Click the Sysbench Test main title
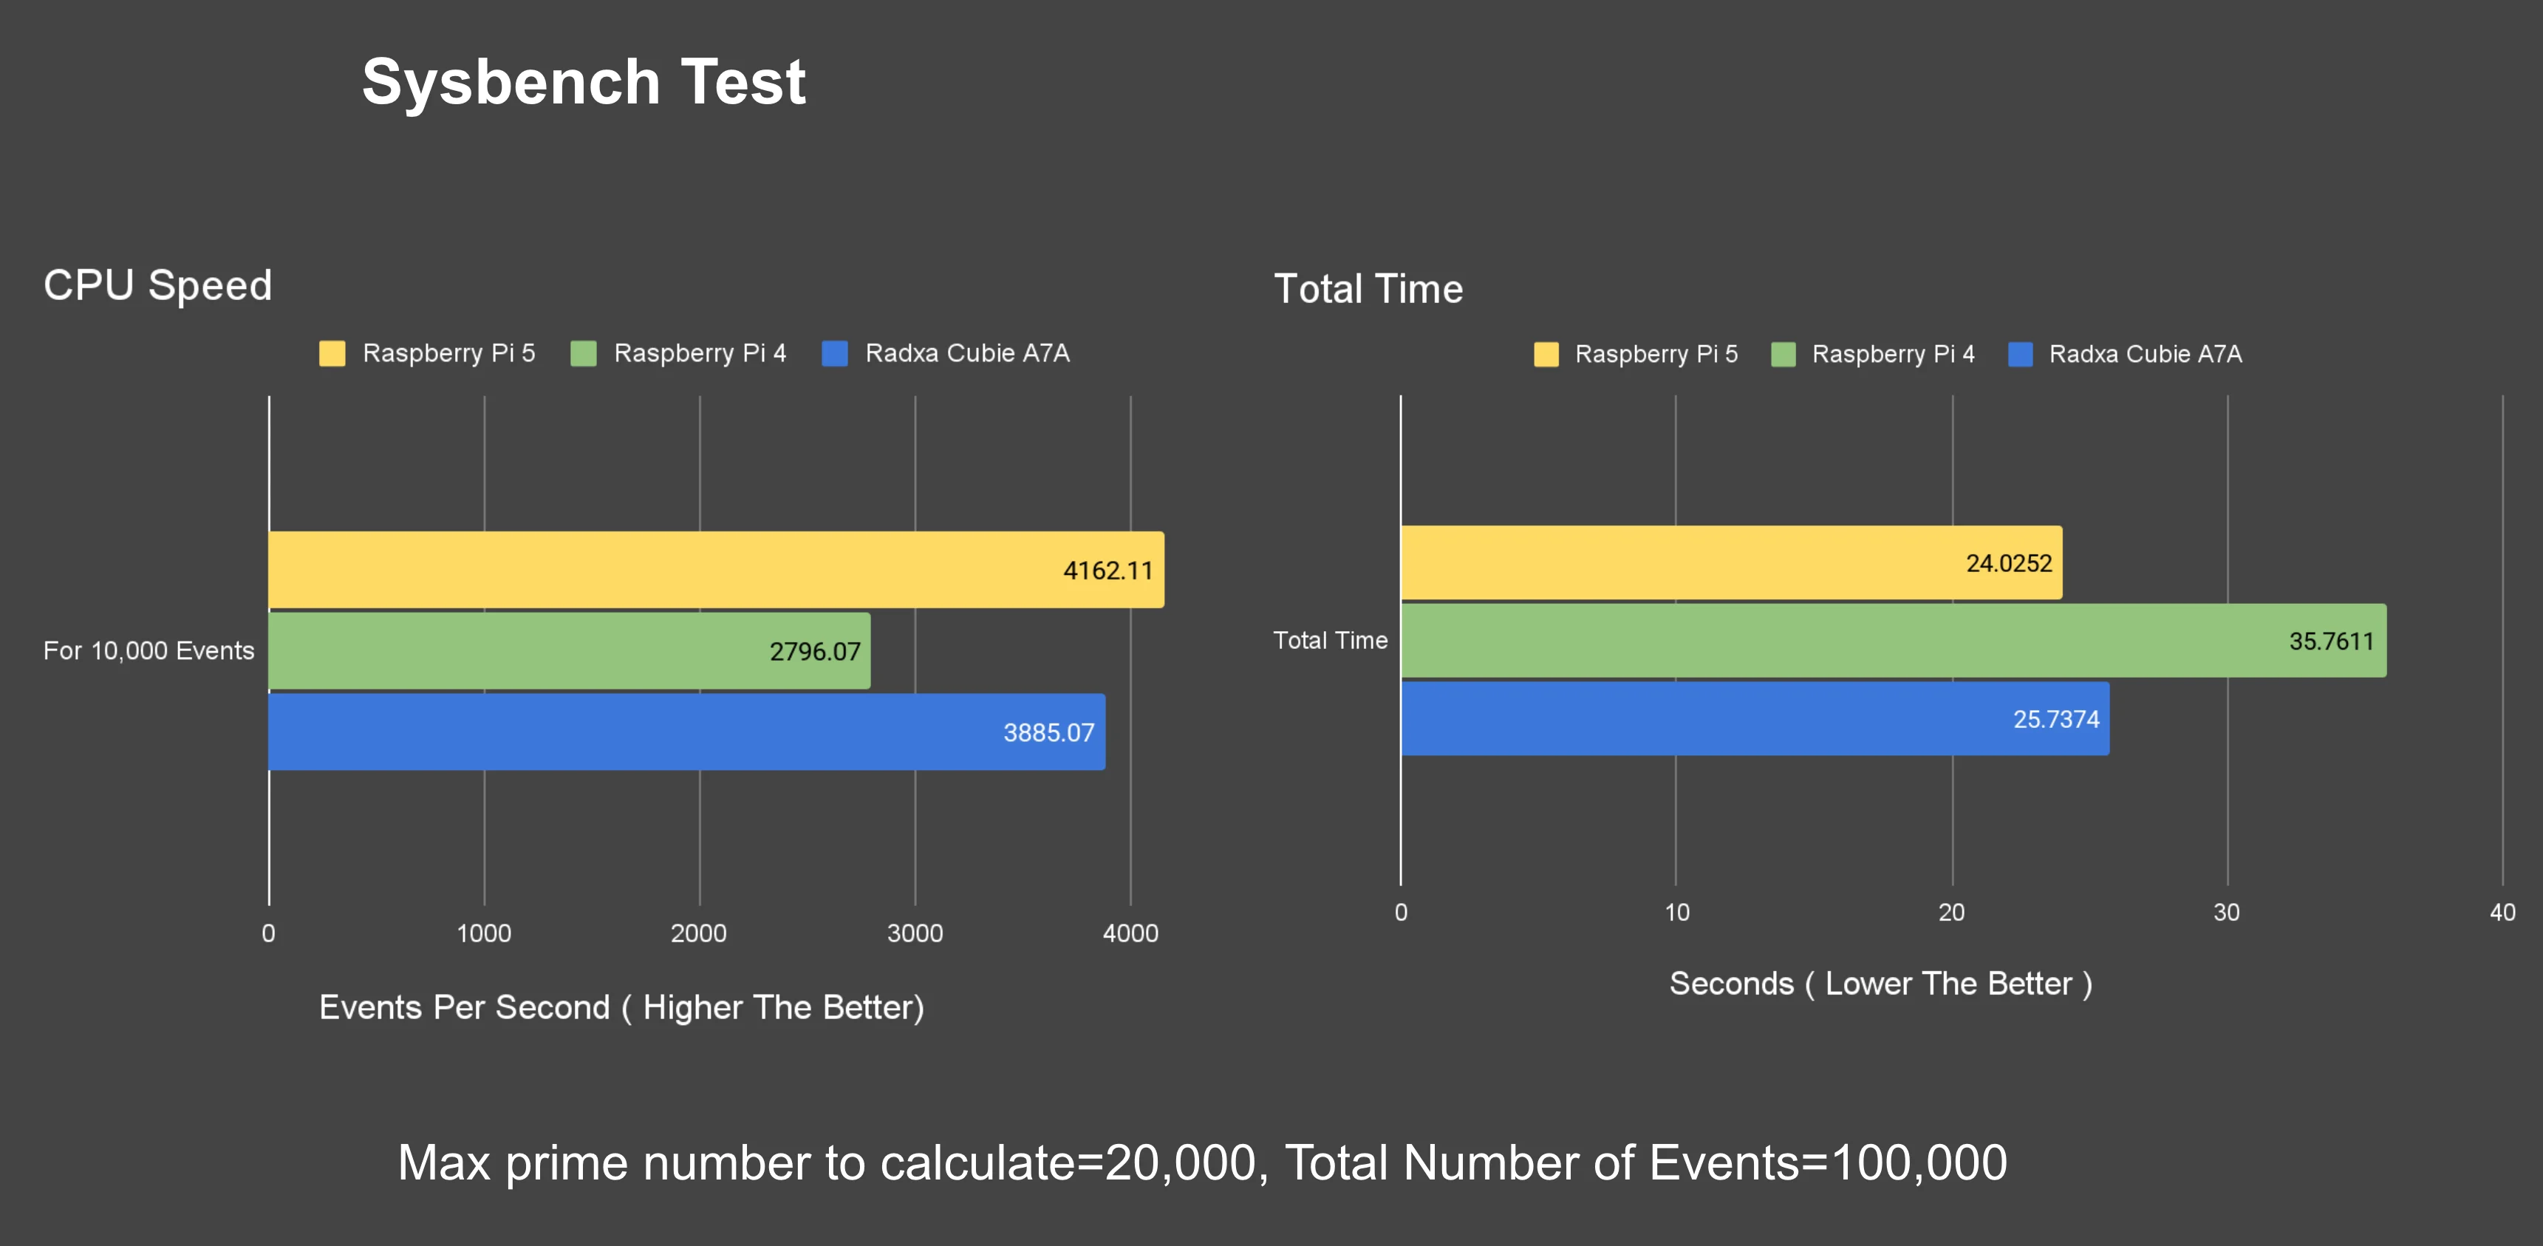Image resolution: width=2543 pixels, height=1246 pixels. pos(584,82)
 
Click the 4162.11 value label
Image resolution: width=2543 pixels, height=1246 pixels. pos(1107,571)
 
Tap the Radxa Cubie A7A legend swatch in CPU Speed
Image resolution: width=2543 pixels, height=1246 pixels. pos(835,353)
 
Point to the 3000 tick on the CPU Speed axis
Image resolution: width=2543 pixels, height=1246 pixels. pos(915,933)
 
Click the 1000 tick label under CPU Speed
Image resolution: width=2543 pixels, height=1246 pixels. pos(484,933)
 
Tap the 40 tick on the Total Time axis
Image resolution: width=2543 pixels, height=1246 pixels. pos(2502,912)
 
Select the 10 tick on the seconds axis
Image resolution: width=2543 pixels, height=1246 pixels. pos(1676,912)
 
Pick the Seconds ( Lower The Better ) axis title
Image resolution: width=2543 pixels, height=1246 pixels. pos(1880,984)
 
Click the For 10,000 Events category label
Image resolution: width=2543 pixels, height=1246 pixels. pos(149,650)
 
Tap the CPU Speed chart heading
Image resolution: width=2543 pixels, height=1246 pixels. pos(158,285)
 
